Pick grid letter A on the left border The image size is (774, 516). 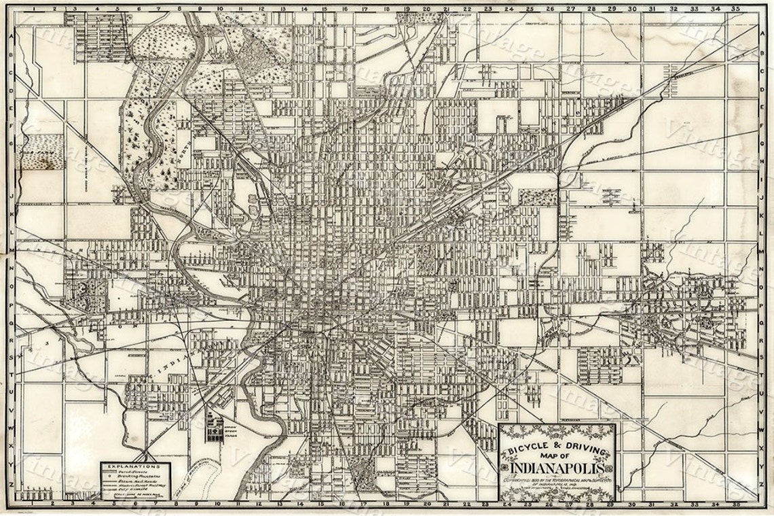point(10,39)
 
